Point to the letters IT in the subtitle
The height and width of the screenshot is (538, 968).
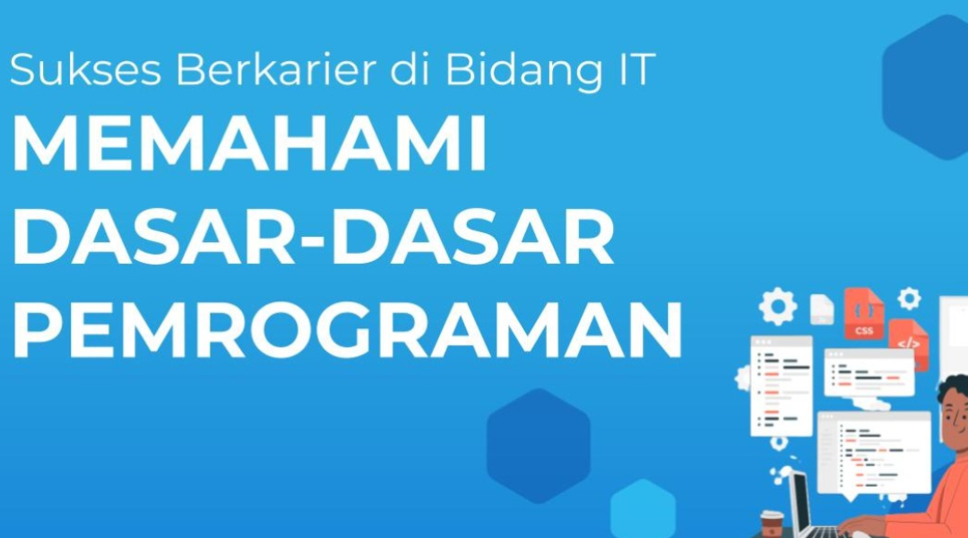click(x=635, y=69)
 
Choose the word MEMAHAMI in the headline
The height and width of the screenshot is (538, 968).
click(x=249, y=144)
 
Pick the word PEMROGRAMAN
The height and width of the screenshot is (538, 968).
click(x=347, y=331)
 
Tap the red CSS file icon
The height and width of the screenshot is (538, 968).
click(x=864, y=314)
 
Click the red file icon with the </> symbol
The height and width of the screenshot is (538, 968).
click(x=909, y=343)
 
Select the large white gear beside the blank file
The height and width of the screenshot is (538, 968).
click(x=778, y=307)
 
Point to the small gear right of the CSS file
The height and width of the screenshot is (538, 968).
click(x=909, y=299)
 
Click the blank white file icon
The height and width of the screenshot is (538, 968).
click(x=822, y=308)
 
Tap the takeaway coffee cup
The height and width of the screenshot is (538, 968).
click(x=772, y=524)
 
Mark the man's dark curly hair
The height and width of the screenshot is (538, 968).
click(x=954, y=388)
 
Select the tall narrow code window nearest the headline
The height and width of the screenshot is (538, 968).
click(x=781, y=386)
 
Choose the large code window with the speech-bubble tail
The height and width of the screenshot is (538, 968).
click(x=874, y=453)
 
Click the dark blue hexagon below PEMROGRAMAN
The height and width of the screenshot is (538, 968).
click(x=539, y=446)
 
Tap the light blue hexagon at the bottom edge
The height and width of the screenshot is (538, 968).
click(x=643, y=510)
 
